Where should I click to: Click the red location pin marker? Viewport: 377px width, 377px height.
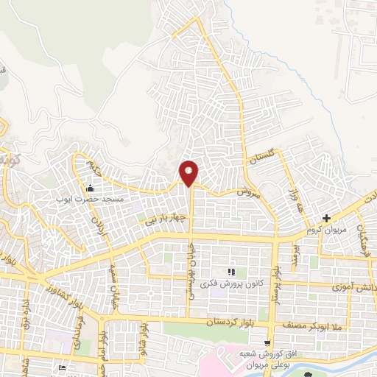tap(189, 172)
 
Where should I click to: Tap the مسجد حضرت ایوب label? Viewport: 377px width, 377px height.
tap(90, 199)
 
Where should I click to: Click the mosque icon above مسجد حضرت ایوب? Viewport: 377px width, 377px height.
tap(91, 187)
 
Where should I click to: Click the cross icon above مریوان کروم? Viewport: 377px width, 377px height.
tap(327, 217)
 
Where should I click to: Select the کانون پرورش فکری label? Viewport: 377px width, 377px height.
tap(231, 284)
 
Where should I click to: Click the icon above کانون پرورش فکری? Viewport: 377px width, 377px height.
tap(231, 272)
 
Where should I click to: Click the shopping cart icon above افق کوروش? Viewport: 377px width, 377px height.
tap(267, 343)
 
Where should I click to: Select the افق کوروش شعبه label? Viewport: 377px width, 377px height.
tap(267, 354)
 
